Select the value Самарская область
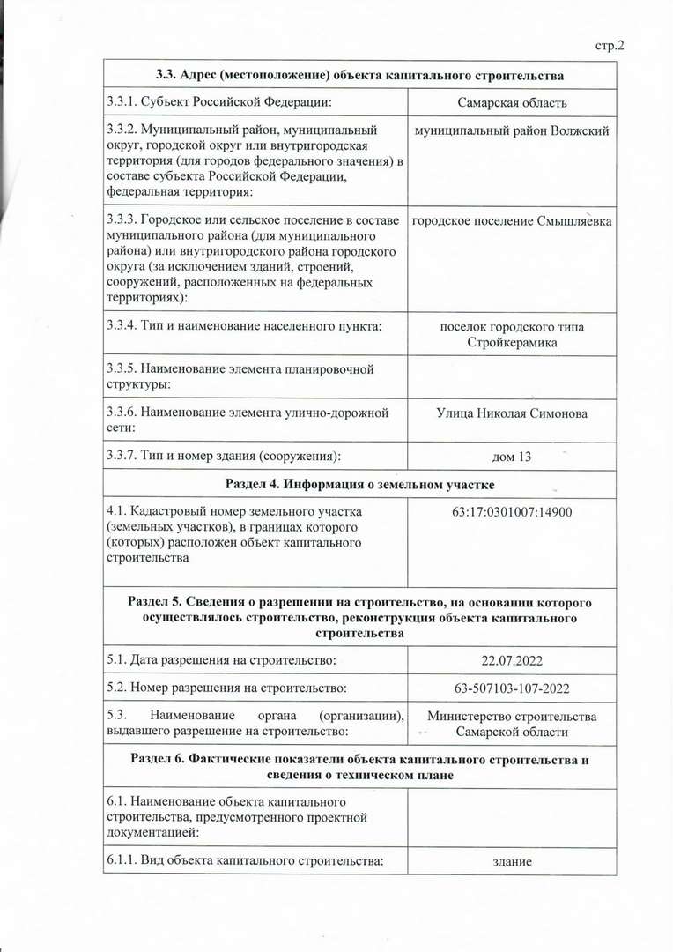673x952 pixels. coord(512,103)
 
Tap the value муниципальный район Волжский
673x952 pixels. coord(512,130)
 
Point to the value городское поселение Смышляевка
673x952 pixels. coord(512,220)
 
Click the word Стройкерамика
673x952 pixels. coord(512,342)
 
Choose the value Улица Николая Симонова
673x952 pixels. coord(512,413)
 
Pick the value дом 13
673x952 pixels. coord(512,456)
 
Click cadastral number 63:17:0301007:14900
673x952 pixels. coord(512,510)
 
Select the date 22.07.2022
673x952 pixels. coord(512,659)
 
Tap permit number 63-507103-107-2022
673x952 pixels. coord(512,688)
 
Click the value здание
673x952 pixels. coord(512,861)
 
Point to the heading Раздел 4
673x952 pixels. coord(359,484)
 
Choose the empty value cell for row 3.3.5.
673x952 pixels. coord(512,376)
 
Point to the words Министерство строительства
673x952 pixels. coord(512,716)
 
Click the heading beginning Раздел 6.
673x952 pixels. coord(359,766)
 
